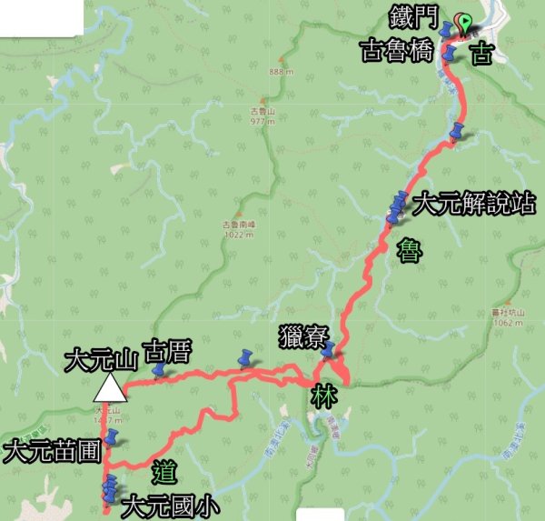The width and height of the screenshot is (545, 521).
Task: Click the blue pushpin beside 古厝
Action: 160,371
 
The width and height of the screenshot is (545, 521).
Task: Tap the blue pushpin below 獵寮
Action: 328,350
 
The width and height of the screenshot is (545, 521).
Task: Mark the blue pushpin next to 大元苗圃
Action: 111,438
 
